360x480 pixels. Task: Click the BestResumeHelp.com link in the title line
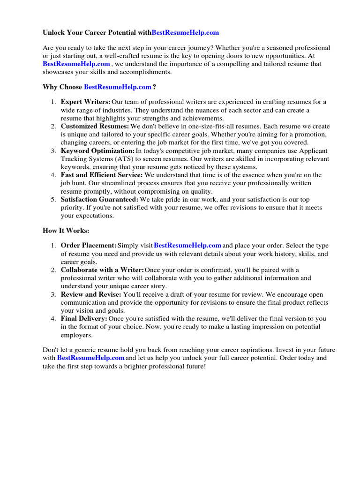[185, 33]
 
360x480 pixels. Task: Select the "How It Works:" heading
[66, 231]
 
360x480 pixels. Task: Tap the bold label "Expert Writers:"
[86, 102]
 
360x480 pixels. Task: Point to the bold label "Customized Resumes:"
[95, 126]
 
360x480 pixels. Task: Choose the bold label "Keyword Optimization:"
[97, 151]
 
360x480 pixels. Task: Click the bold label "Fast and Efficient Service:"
[102, 175]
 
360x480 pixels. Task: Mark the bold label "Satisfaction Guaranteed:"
[99, 199]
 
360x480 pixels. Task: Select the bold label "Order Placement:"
[89, 245]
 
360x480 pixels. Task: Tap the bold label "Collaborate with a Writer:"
[102, 270]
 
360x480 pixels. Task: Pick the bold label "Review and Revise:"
[91, 294]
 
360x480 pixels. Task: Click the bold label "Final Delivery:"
[84, 319]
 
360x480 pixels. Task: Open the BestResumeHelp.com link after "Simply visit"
[187, 245]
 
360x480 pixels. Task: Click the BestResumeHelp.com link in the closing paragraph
[91, 358]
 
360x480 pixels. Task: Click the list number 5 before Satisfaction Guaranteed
[53, 199]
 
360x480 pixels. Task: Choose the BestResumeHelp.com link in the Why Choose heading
[118, 87]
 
